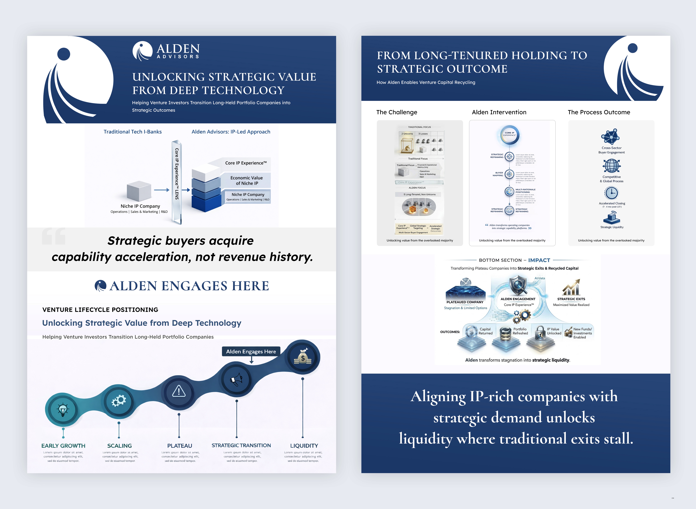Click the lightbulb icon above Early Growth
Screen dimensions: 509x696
(63, 410)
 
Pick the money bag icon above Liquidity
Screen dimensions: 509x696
(303, 357)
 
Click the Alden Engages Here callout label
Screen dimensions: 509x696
(251, 352)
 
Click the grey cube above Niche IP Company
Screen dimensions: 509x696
(139, 191)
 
